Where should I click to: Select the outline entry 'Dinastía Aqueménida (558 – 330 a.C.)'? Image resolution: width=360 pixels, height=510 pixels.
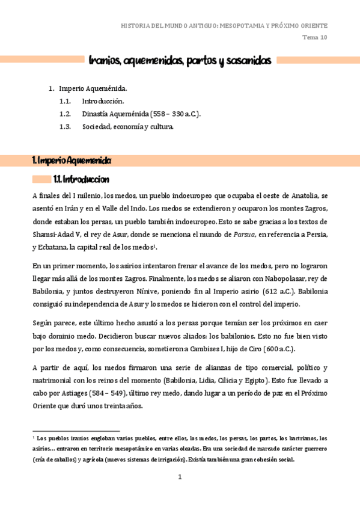[x=141, y=114]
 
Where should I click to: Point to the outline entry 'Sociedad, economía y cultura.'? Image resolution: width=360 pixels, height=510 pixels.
[x=128, y=126]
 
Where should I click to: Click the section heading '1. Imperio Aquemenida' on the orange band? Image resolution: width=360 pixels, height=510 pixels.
[x=72, y=161]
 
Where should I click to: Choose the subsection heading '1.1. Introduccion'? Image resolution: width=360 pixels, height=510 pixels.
[x=81, y=179]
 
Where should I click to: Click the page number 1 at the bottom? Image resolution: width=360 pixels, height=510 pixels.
[x=179, y=478]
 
